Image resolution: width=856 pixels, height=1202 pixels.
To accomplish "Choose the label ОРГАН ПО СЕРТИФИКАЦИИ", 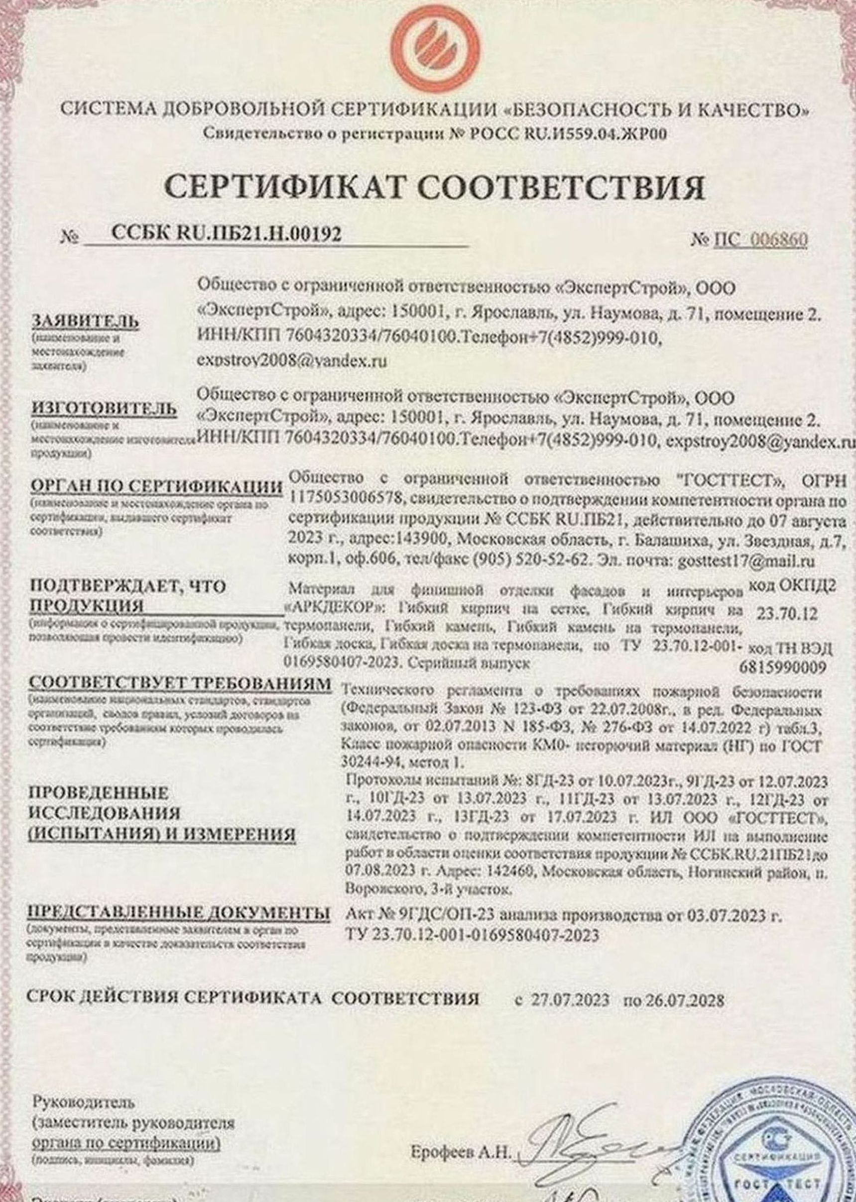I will (156, 487).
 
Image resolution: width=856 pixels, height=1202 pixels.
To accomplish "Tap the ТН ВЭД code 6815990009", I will (783, 668).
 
